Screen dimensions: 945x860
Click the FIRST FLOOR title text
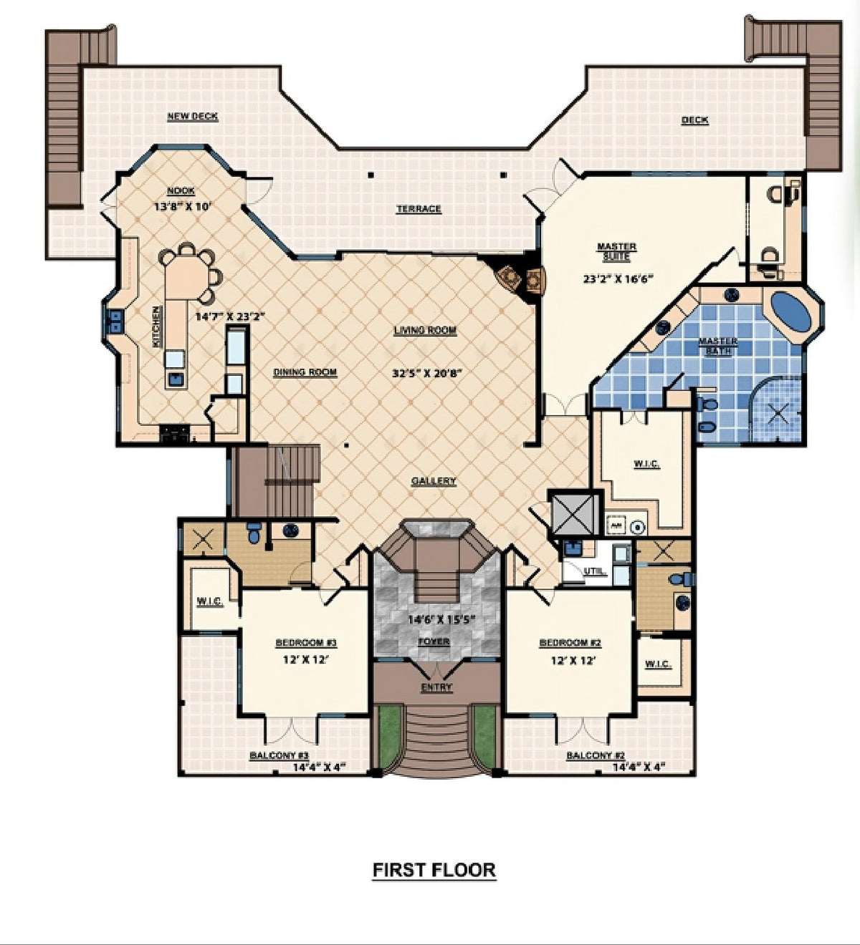click(x=434, y=870)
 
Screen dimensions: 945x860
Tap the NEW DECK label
click(x=192, y=116)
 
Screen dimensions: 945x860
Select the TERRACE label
click(x=419, y=209)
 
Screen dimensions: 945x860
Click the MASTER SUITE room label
click(x=616, y=251)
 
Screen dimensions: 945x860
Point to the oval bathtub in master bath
click(x=791, y=311)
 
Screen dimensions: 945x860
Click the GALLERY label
click(x=434, y=481)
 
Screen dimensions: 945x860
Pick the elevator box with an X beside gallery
click(x=575, y=513)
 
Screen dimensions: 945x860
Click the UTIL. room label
click(x=595, y=571)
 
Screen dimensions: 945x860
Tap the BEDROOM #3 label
click(x=306, y=643)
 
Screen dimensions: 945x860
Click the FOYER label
click(x=434, y=641)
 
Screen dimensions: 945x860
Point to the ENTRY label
click(x=436, y=687)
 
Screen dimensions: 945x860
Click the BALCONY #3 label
click(x=279, y=755)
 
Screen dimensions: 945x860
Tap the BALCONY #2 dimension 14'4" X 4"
click(x=639, y=766)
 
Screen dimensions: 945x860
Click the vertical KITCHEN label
click(x=156, y=327)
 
